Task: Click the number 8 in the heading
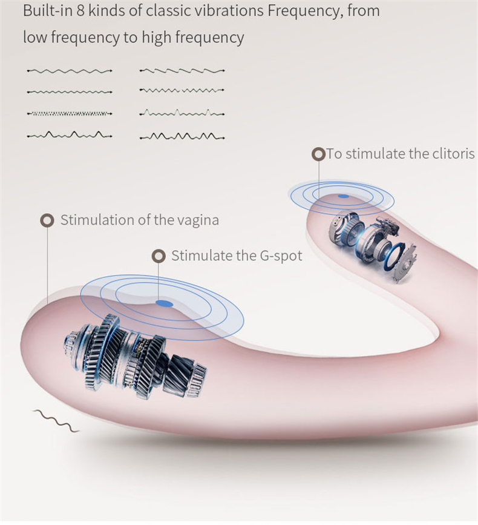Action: pyautogui.click(x=73, y=12)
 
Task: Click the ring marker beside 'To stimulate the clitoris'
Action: pyautogui.click(x=318, y=154)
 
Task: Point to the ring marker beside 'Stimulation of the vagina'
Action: pyautogui.click(x=47, y=220)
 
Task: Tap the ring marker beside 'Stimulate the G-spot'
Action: pyautogui.click(x=159, y=256)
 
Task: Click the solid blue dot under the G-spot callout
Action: pyautogui.click(x=163, y=303)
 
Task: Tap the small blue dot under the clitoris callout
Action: pyautogui.click(x=343, y=196)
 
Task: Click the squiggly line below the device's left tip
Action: pyautogui.click(x=56, y=420)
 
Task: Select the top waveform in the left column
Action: pyautogui.click(x=69, y=71)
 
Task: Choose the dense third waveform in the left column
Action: pyautogui.click(x=69, y=113)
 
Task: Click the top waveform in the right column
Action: pyautogui.click(x=182, y=71)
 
